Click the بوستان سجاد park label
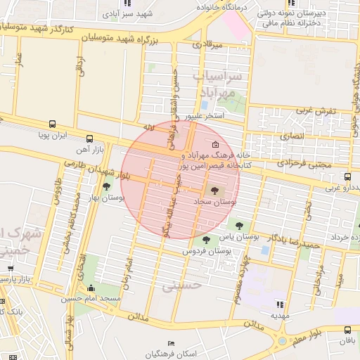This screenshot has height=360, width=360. pyautogui.click(x=216, y=201)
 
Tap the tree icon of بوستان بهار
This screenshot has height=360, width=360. pyautogui.click(x=105, y=186)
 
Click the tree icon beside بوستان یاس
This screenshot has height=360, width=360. pyautogui.click(x=239, y=226)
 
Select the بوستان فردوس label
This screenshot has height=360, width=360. pyautogui.click(x=207, y=251)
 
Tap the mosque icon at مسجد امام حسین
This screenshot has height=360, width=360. pyautogui.click(x=91, y=288)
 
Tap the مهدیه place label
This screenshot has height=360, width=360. pyautogui.click(x=281, y=316)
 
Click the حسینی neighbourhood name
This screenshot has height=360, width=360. pyautogui.click(x=182, y=286)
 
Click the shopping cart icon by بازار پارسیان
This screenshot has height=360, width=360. pyautogui.click(x=10, y=268)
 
